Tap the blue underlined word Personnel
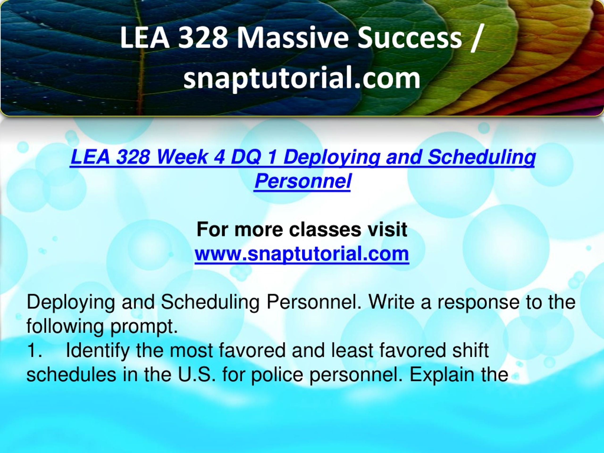(x=302, y=181)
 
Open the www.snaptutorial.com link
(x=302, y=254)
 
